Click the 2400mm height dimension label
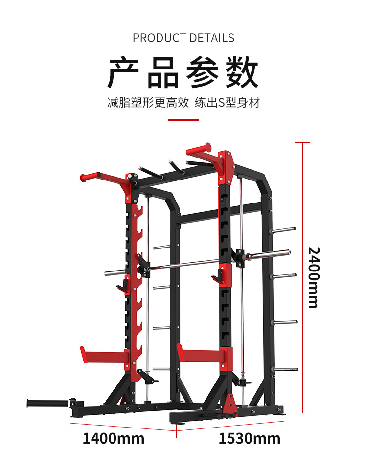[x=314, y=277]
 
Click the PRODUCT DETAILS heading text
[x=183, y=38]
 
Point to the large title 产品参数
[x=183, y=73]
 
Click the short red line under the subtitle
[x=183, y=119]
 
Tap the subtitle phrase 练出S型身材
[x=227, y=103]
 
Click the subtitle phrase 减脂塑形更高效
[x=148, y=103]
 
